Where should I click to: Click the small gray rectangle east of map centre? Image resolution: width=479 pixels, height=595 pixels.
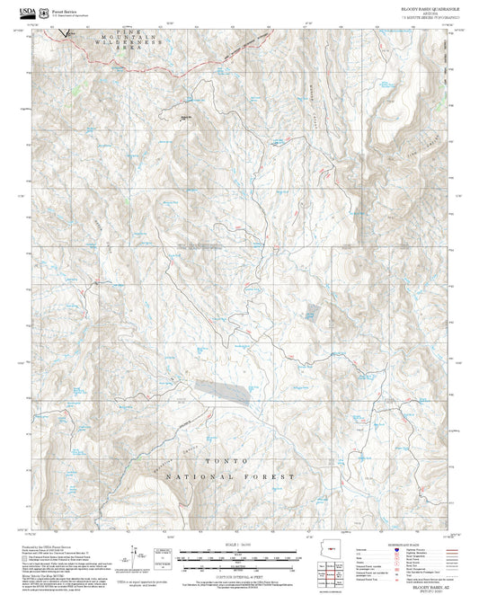(x=310, y=314)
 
